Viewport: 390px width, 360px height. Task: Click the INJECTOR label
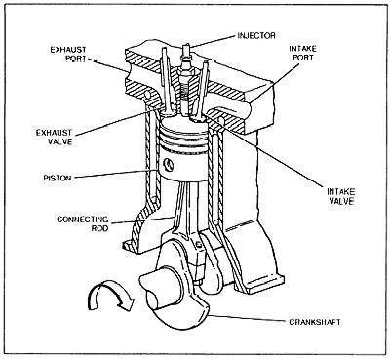tap(256, 35)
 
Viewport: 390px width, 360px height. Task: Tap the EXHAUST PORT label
tap(68, 54)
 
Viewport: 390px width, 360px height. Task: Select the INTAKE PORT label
tap(302, 53)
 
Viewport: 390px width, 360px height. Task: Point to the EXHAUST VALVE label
tap(54, 137)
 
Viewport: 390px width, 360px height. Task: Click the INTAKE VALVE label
tap(341, 196)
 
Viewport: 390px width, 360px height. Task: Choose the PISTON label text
tap(58, 178)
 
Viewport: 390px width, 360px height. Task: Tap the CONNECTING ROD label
tap(83, 223)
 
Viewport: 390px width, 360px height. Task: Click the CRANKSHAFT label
tap(315, 322)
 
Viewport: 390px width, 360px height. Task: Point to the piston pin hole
tap(169, 165)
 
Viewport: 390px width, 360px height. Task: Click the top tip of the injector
tap(186, 45)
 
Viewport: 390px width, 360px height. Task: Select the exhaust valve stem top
tap(164, 50)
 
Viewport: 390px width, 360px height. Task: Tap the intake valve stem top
tap(205, 64)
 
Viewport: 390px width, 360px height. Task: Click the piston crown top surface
tap(182, 124)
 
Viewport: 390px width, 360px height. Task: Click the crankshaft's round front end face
tap(157, 300)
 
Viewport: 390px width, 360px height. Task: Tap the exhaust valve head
tap(169, 113)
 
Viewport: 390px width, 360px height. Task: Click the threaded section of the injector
tap(184, 91)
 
